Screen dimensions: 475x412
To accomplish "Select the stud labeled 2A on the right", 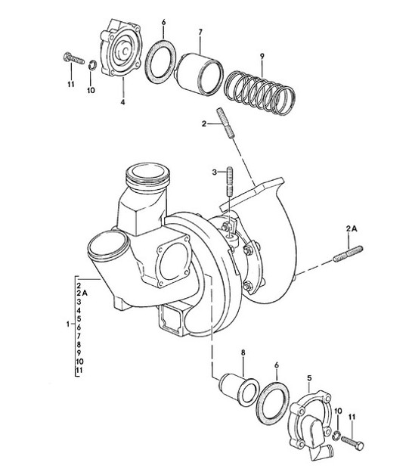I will (348, 254).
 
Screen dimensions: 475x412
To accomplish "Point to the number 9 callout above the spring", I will (261, 55).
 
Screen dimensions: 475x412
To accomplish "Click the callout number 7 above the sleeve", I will (200, 32).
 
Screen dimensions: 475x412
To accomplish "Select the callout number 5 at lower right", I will (309, 377).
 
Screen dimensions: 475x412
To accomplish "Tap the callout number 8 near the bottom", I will (243, 353).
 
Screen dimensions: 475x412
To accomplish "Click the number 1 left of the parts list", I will (69, 324).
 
